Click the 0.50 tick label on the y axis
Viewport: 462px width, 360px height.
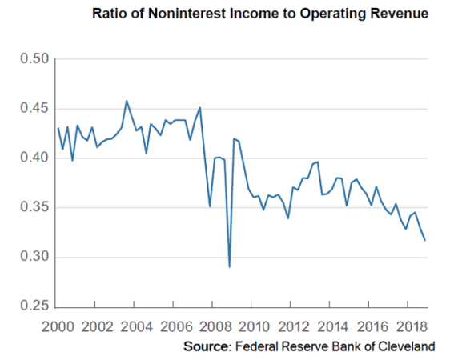(x=34, y=59)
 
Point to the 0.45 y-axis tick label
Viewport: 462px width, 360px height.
(x=34, y=109)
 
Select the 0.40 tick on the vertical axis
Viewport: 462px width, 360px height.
(x=34, y=158)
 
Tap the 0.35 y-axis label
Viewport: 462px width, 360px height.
(x=34, y=208)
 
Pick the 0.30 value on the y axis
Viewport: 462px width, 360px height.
(x=34, y=258)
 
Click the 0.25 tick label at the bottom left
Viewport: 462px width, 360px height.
(x=34, y=307)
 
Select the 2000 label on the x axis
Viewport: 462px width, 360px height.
(x=58, y=327)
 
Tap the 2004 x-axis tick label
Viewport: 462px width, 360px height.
(x=135, y=327)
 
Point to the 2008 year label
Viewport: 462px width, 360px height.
(x=211, y=327)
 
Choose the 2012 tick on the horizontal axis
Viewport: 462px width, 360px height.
(x=287, y=327)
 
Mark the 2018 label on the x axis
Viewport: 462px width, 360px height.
(x=402, y=327)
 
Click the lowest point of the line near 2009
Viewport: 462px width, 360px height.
(x=229, y=266)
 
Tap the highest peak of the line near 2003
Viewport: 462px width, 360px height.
(x=127, y=101)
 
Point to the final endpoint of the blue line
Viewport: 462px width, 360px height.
(x=425, y=240)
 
